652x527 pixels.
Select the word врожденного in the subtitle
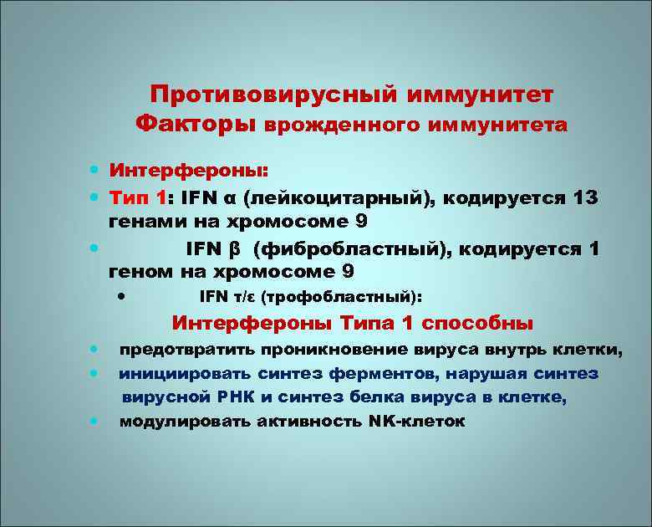[341, 125]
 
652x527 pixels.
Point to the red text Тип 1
[140, 199]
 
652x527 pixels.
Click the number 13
[581, 199]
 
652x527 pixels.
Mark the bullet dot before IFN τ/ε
[122, 294]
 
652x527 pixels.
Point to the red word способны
[478, 323]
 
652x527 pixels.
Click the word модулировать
[182, 422]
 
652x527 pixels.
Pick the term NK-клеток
[415, 422]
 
